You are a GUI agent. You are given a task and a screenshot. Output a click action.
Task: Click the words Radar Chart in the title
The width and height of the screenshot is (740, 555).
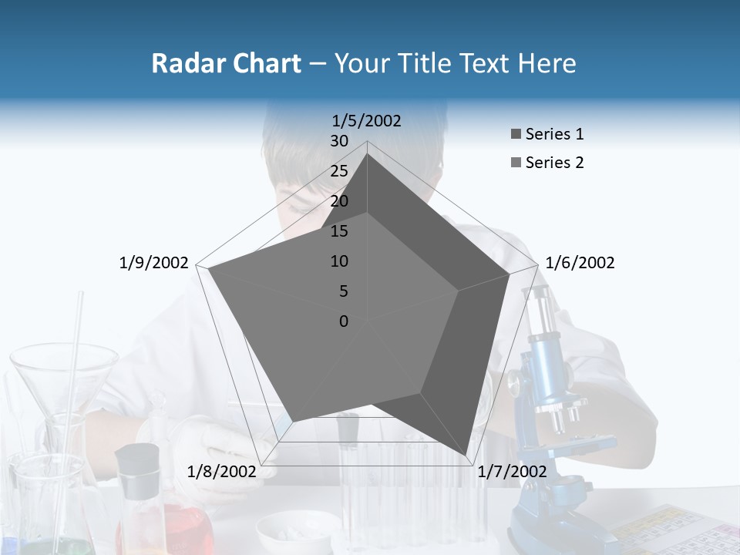coord(226,63)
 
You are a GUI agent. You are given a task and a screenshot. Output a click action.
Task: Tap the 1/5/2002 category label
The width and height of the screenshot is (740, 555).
coord(367,120)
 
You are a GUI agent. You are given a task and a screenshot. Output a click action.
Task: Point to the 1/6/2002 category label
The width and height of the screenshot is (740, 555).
coord(580,263)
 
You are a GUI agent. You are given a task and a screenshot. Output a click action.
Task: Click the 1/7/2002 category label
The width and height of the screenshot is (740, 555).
coord(512,472)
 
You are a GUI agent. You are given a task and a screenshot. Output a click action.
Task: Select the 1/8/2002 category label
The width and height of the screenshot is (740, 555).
coord(222,472)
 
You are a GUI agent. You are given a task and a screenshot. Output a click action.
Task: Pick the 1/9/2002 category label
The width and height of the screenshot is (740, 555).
coord(154,263)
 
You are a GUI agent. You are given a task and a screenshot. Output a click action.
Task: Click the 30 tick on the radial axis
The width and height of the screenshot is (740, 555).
coord(339,141)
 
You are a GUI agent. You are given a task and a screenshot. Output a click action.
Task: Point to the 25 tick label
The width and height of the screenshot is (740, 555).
coord(339,171)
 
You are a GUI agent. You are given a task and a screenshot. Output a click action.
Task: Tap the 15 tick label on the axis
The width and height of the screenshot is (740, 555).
coord(339,231)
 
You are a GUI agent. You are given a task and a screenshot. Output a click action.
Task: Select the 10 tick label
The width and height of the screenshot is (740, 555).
coord(339,261)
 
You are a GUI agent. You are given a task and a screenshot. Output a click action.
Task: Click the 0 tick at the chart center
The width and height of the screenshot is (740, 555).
coord(344,321)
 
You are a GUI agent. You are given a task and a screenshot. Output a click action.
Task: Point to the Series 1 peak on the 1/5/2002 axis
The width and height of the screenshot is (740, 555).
coord(367,154)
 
